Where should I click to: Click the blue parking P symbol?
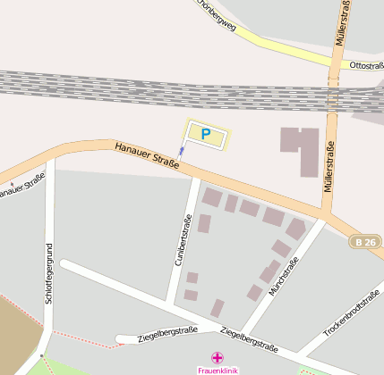click(x=206, y=135)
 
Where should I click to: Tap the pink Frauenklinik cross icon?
click(x=218, y=357)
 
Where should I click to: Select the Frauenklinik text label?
click(x=218, y=370)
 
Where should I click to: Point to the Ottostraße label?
click(x=366, y=65)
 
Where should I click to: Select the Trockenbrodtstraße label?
click(x=353, y=312)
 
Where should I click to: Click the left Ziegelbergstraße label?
click(x=167, y=334)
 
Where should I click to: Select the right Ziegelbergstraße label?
click(x=249, y=339)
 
